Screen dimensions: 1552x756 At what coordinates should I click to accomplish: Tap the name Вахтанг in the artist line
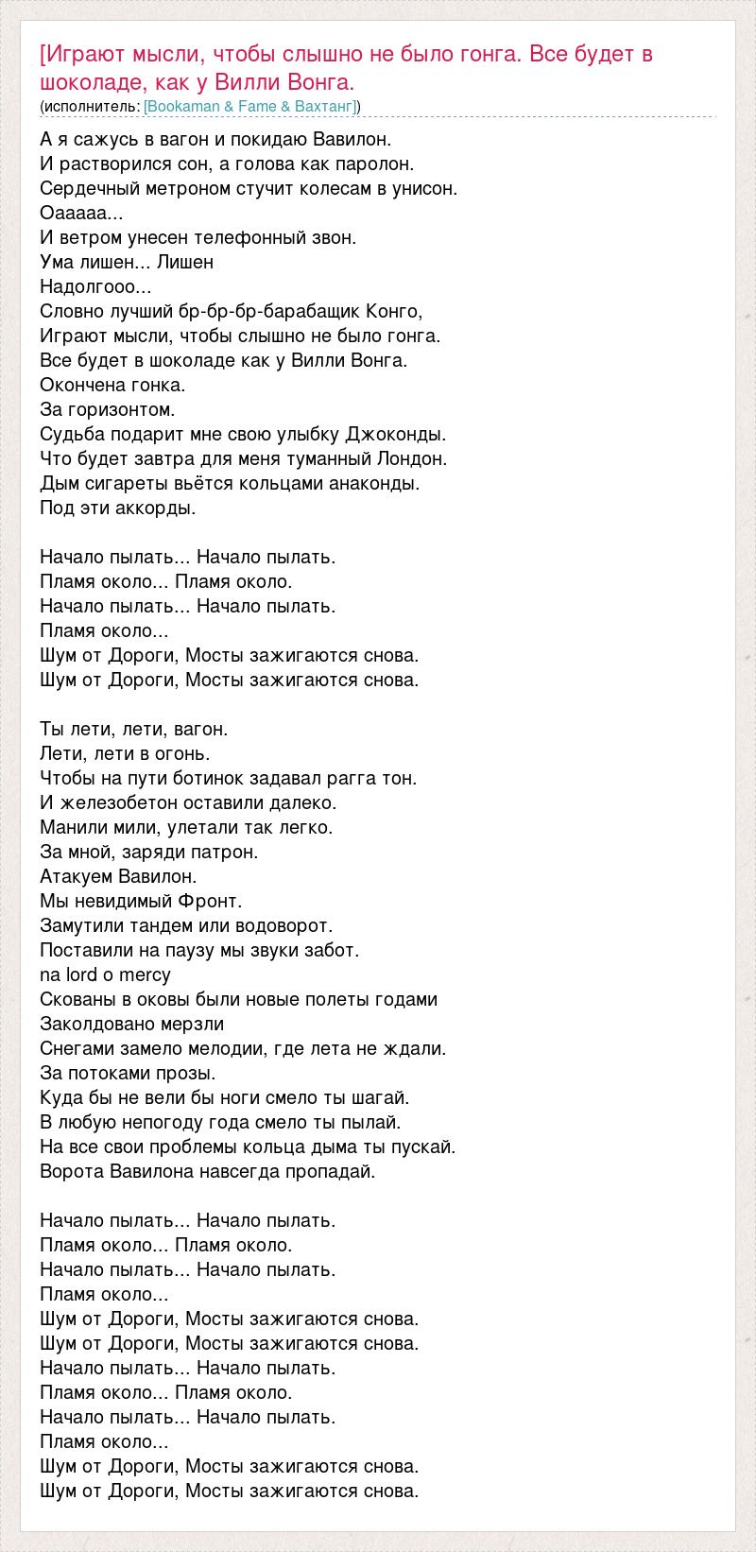click(324, 107)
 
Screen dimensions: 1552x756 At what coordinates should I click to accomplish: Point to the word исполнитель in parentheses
click(91, 107)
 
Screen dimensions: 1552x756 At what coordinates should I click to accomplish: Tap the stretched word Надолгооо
click(95, 286)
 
